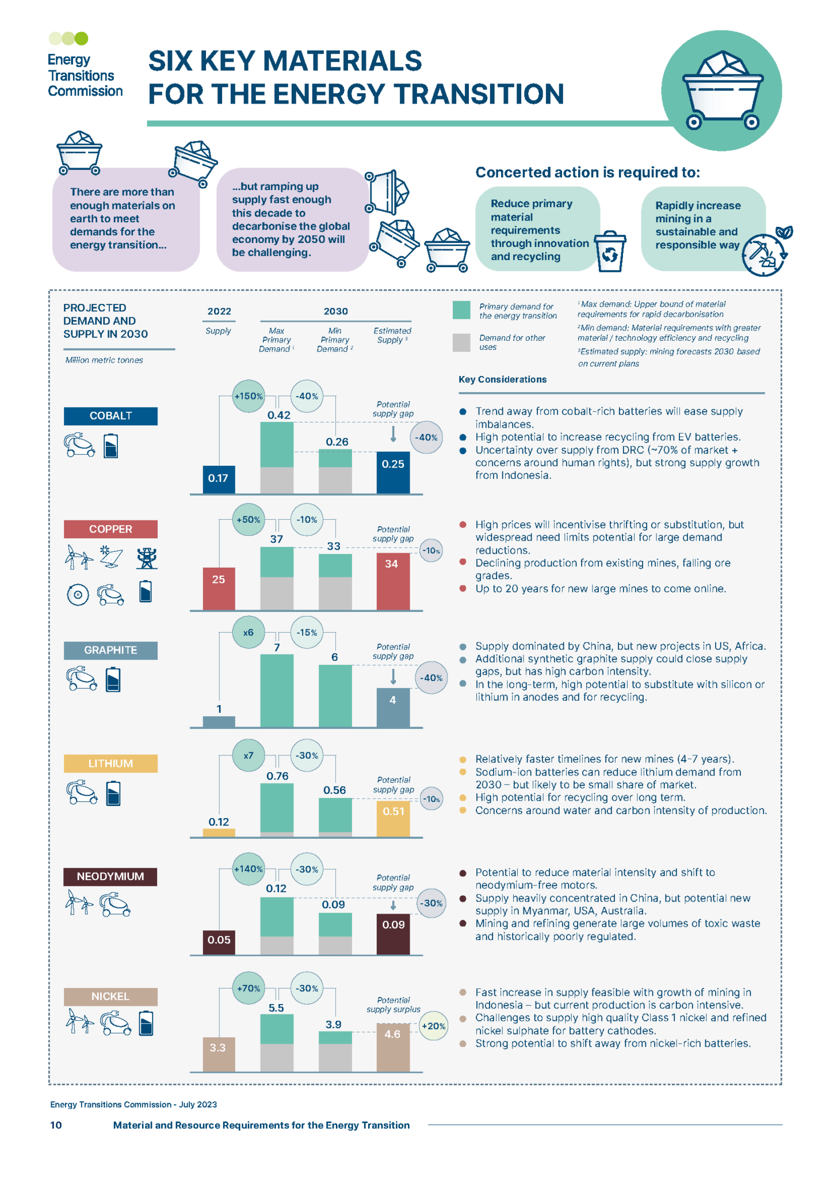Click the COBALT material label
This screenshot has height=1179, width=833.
(110, 416)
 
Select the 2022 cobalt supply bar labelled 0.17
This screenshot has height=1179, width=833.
(219, 479)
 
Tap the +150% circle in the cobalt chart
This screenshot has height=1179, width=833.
(249, 396)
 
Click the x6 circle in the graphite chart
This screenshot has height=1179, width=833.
(248, 632)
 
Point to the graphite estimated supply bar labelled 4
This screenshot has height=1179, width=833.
(393, 707)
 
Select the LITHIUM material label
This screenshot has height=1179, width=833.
(110, 763)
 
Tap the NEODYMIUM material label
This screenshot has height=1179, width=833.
(110, 877)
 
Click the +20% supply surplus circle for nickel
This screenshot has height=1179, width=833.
(433, 1026)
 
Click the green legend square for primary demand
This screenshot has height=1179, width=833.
(461, 310)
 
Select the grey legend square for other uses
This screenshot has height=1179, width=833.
(461, 343)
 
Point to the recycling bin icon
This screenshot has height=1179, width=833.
(610, 252)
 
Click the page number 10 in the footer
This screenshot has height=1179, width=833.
(56, 1125)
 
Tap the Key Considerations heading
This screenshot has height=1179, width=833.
(502, 379)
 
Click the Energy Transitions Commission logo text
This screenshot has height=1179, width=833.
(85, 75)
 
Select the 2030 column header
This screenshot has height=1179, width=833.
(335, 311)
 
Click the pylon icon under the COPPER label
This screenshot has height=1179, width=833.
(147, 558)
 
